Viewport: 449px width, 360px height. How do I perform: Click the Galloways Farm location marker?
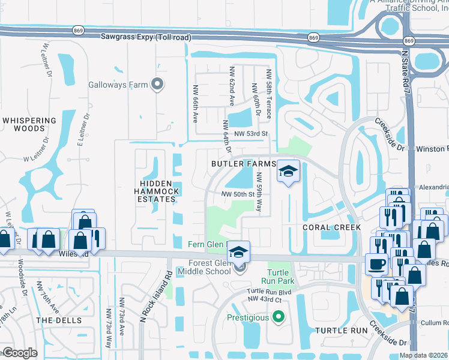click(157, 85)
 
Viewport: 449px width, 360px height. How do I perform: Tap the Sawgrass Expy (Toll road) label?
click(146, 37)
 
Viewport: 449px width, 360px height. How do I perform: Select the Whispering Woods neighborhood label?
click(32, 124)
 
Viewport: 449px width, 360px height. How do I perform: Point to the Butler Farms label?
click(243, 163)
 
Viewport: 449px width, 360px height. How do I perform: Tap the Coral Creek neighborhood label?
click(331, 227)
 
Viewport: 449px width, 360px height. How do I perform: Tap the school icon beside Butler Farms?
click(288, 172)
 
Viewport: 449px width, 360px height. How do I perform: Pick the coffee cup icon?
click(376, 263)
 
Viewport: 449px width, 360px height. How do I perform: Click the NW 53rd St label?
click(250, 134)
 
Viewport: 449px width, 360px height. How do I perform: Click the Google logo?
click(20, 353)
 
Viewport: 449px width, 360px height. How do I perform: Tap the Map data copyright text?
click(424, 355)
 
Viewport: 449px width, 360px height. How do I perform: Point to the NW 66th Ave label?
click(195, 103)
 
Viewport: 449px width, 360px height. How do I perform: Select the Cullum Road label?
click(435, 322)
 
